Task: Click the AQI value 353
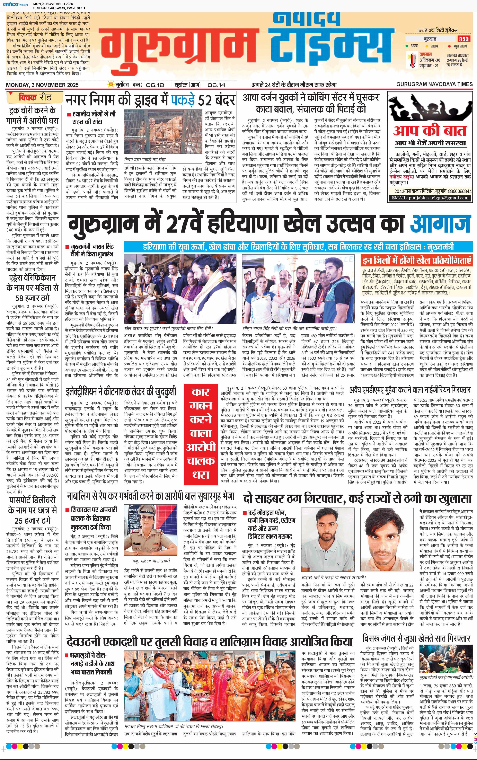click(x=463, y=39)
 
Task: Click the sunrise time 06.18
click(x=155, y=85)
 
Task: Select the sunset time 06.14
click(x=217, y=85)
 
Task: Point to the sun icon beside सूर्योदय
click(x=111, y=85)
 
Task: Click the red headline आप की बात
click(x=429, y=131)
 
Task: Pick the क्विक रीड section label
click(x=35, y=97)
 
